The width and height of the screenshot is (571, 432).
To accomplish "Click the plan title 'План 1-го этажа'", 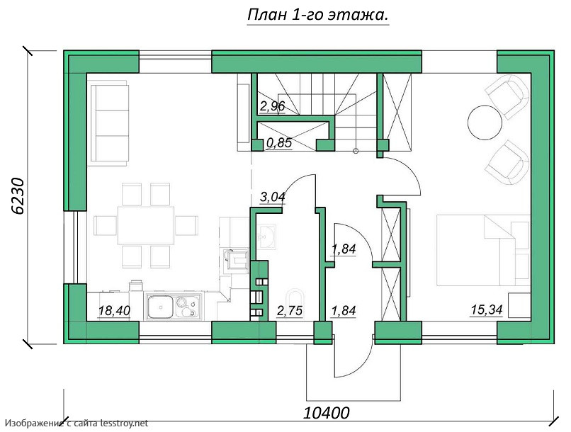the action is [x=317, y=16].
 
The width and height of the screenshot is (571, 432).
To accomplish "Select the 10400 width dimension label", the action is [x=327, y=413].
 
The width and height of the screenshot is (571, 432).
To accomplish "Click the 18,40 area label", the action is [x=114, y=311].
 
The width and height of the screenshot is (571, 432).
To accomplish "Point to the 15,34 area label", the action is [x=487, y=309].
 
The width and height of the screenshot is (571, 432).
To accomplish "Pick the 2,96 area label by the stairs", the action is [x=272, y=106].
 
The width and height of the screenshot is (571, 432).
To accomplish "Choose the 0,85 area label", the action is [x=279, y=143].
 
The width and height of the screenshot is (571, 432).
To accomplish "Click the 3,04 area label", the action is [x=272, y=197].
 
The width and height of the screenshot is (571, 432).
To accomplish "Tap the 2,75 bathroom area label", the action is [x=290, y=311].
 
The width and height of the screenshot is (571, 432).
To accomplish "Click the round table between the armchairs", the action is [x=485, y=123].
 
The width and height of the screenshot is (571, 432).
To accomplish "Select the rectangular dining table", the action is [x=146, y=225].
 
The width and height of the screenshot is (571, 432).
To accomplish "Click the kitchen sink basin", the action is [x=160, y=307].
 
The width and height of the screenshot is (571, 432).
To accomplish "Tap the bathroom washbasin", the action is [x=268, y=237].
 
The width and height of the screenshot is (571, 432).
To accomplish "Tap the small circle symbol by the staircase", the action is [x=356, y=151].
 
